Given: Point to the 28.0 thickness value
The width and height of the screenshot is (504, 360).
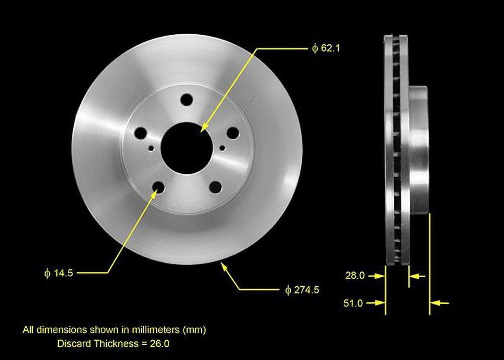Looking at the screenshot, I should click(355, 276).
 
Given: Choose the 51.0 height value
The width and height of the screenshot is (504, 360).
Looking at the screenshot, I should click(353, 303).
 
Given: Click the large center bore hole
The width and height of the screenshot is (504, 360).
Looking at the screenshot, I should click(187, 148).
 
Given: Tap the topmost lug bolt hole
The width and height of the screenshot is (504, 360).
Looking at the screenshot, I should click(187, 100).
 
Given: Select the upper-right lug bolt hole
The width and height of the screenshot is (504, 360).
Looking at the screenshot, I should click(233, 133).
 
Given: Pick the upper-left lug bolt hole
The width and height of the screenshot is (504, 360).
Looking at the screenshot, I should click(141, 133).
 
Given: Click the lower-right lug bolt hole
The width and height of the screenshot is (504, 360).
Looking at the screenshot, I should click(215, 187).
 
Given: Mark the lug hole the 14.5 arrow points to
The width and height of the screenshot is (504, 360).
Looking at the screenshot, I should click(158, 187).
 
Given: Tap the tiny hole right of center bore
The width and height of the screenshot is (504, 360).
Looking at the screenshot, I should click(222, 148).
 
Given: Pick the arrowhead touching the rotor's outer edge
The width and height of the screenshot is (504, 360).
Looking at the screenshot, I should click(224, 266).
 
